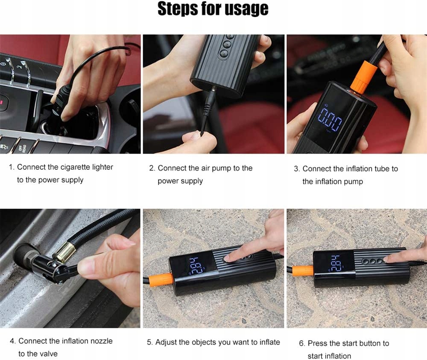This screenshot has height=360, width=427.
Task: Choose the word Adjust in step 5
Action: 166,343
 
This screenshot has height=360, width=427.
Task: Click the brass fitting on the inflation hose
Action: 63,250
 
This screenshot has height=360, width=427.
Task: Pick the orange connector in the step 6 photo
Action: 303,271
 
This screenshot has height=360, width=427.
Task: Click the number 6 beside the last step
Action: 301,343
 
